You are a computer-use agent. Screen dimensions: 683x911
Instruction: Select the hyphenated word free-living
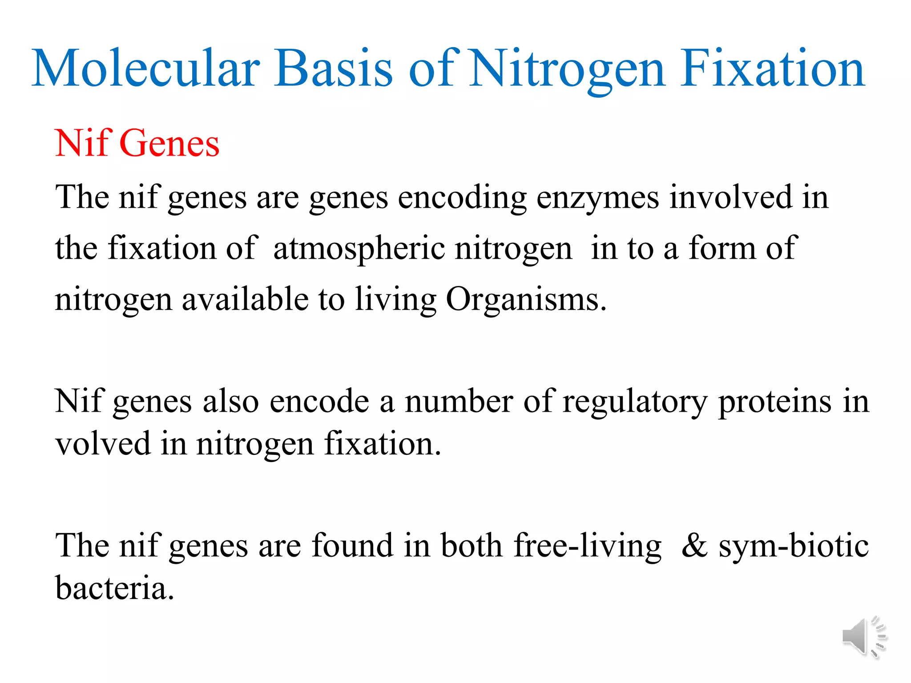[588, 546]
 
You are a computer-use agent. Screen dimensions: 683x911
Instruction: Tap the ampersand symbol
[694, 546]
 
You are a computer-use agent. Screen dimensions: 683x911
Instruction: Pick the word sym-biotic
[794, 546]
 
